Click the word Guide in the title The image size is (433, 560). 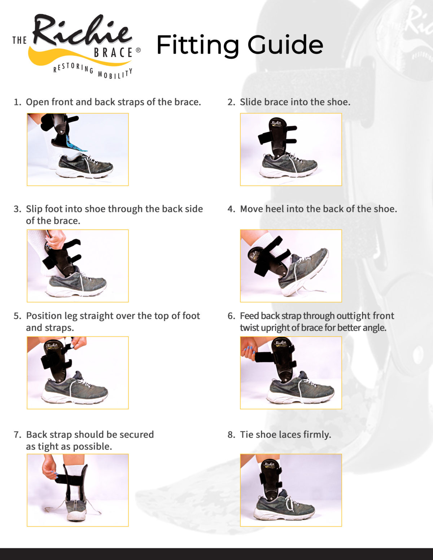pos(285,45)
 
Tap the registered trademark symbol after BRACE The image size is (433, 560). pos(138,50)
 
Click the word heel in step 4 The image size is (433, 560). pos(275,209)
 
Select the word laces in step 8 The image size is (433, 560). pos(290,435)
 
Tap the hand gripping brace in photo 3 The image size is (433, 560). pos(56,239)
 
